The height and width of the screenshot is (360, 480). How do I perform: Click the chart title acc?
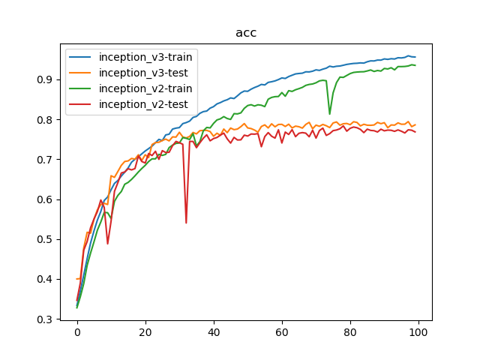[x=246, y=33]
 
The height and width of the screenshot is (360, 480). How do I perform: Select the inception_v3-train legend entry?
[x=145, y=57]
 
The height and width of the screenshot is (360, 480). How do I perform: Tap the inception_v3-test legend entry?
[x=142, y=73]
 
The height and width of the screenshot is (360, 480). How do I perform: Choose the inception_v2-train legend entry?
[x=145, y=88]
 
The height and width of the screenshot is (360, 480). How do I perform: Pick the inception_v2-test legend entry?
[x=142, y=104]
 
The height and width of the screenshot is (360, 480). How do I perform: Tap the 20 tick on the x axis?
[x=145, y=332]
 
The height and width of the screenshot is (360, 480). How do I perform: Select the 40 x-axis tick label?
[x=214, y=332]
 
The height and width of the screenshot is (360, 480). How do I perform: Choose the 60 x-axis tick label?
[x=282, y=332]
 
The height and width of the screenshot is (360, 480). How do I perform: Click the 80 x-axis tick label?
[x=350, y=332]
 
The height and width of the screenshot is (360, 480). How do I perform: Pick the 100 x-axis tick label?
[x=418, y=332]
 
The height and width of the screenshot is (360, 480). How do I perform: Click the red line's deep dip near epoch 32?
[x=186, y=222]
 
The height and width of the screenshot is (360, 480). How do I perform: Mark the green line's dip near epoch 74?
[x=330, y=113]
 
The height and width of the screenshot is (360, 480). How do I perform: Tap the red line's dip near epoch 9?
[x=108, y=243]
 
